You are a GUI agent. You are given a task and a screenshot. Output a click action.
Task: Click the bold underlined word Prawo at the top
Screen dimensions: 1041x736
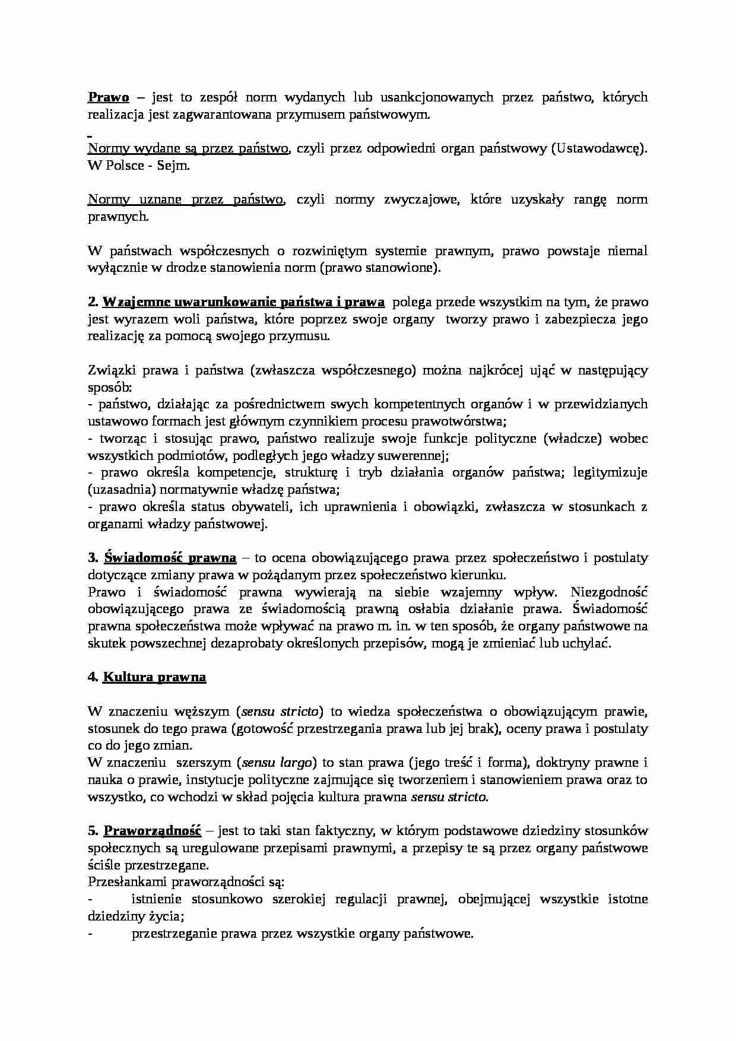[109, 97]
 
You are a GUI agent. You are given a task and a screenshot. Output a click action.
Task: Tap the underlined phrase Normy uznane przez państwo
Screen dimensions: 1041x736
[186, 200]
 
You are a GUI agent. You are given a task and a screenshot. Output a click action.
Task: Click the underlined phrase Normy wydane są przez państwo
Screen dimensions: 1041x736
[188, 149]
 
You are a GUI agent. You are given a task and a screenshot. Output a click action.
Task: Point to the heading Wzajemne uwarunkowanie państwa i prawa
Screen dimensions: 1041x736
[243, 302]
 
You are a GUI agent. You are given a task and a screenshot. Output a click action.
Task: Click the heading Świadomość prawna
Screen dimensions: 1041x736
[170, 558]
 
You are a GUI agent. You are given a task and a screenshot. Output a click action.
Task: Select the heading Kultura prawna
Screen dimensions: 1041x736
[154, 677]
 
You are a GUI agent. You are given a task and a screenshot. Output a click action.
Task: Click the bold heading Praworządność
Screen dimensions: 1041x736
[153, 830]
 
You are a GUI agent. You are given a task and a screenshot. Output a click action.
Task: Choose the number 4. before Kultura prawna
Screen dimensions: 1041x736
[93, 677]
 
